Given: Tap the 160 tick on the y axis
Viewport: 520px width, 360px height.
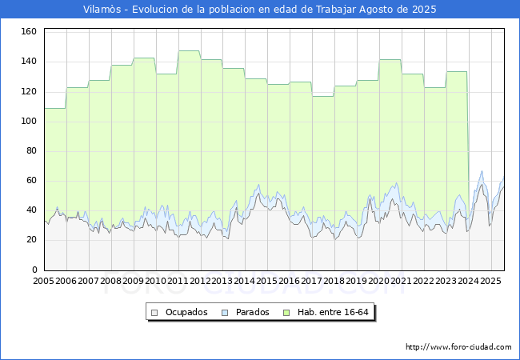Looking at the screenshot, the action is [x=29, y=31].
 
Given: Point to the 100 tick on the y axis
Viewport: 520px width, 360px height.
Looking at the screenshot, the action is [x=29, y=121].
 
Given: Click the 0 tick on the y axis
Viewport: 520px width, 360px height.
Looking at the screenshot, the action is [x=34, y=270].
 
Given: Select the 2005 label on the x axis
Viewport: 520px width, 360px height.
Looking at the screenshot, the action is [x=43, y=281].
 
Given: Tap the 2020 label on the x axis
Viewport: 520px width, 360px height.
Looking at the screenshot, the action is [x=378, y=281].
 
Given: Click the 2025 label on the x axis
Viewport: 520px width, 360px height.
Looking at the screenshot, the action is [x=490, y=281].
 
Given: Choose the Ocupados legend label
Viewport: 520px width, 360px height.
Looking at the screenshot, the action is [x=186, y=312].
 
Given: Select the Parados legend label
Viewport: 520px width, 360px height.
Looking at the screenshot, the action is [x=252, y=312].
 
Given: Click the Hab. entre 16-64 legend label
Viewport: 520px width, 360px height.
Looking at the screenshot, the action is [x=333, y=312].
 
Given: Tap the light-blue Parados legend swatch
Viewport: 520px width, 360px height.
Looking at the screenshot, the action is [x=225, y=313].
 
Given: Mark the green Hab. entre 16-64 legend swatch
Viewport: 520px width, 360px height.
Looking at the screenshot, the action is [x=286, y=313].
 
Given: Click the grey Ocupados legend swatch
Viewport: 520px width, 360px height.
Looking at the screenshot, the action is [x=154, y=313].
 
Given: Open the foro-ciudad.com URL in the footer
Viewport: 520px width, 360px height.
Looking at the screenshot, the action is [x=458, y=347].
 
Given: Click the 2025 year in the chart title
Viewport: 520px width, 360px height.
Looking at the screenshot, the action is [x=424, y=10].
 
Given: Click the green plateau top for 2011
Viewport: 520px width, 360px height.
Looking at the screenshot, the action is [x=190, y=50].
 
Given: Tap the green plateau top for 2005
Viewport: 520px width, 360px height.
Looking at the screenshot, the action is [x=55, y=108].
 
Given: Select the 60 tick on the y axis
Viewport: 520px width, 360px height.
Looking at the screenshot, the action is [x=31, y=180].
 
